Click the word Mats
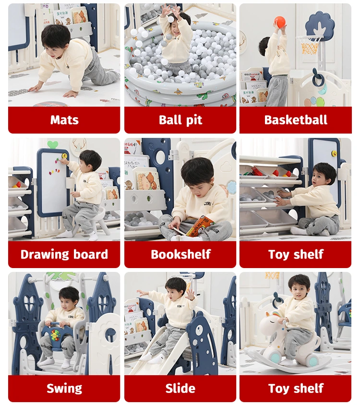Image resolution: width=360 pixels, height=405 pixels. [64, 120]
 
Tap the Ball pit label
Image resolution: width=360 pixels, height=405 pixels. [180, 120]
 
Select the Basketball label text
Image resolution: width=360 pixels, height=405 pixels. [296, 120]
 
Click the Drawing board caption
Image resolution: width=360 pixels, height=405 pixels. [64, 255]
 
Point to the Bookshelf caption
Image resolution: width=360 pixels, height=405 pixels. [180, 254]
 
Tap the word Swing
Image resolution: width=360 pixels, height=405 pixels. [64, 389]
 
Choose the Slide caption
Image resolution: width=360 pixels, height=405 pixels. [180, 388]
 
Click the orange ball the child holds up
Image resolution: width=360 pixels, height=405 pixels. [280, 22]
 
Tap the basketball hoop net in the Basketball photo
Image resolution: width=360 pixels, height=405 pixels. [311, 47]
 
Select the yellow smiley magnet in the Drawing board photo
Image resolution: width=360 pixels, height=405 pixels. [64, 156]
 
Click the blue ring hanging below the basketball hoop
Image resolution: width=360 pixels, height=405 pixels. [318, 76]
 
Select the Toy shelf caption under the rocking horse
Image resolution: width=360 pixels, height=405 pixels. [296, 388]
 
